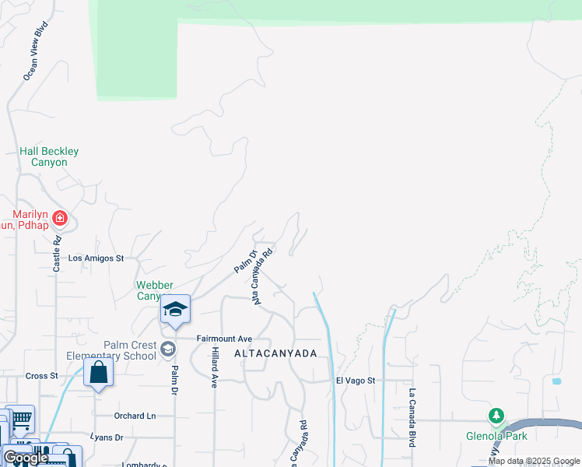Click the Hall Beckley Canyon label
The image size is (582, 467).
click(x=49, y=156)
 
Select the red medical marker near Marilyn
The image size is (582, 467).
click(x=60, y=218)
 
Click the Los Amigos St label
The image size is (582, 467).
click(x=96, y=258)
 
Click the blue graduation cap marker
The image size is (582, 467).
click(x=176, y=309)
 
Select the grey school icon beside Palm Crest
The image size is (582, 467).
click(x=167, y=349)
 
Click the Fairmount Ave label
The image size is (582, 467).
click(x=224, y=339)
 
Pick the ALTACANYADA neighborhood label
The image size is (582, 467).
click(x=276, y=353)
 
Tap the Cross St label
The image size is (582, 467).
click(x=42, y=375)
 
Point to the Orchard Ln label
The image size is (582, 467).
click(x=135, y=416)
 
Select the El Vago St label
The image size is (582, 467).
click(x=356, y=381)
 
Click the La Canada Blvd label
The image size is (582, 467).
click(x=412, y=416)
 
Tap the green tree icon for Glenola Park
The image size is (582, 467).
click(x=496, y=416)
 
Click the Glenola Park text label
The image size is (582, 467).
click(x=496, y=436)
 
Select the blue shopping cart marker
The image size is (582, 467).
click(x=20, y=420)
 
